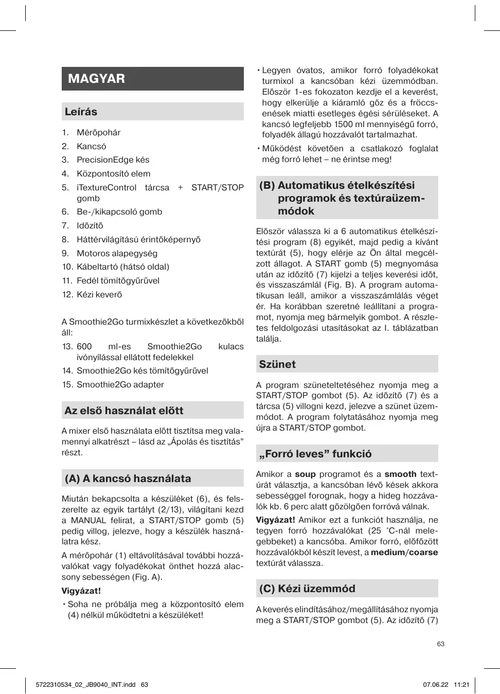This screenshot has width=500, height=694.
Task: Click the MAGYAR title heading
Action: pos(96,79)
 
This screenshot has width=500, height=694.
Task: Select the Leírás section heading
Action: pos(81,112)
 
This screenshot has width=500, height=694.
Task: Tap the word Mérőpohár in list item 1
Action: pos(98,133)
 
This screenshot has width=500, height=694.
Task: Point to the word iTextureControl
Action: pos(106,188)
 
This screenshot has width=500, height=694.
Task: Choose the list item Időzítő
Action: pos(90,226)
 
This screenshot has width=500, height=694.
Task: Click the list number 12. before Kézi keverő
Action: pos(67,295)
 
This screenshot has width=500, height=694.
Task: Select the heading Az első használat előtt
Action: pos(123,411)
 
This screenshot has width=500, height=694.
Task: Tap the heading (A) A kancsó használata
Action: pos(128,478)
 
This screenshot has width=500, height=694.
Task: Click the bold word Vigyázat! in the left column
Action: pos(81,591)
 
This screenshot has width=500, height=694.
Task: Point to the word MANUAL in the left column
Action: pos(88,521)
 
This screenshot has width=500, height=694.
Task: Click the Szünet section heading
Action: pos(277,364)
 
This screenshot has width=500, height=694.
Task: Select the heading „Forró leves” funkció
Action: pos(315,454)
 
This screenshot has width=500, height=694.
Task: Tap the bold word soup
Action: pos(305,474)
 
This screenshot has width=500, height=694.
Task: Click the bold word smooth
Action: pos(400,474)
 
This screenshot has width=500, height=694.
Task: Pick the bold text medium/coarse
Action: pos(404,553)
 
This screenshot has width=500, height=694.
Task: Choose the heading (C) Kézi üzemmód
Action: pos(307,589)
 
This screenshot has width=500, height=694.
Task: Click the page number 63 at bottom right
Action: pos(440,644)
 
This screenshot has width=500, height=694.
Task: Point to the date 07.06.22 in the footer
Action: pos(436,685)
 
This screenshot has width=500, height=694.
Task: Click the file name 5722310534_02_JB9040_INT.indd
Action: pos(86,685)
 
